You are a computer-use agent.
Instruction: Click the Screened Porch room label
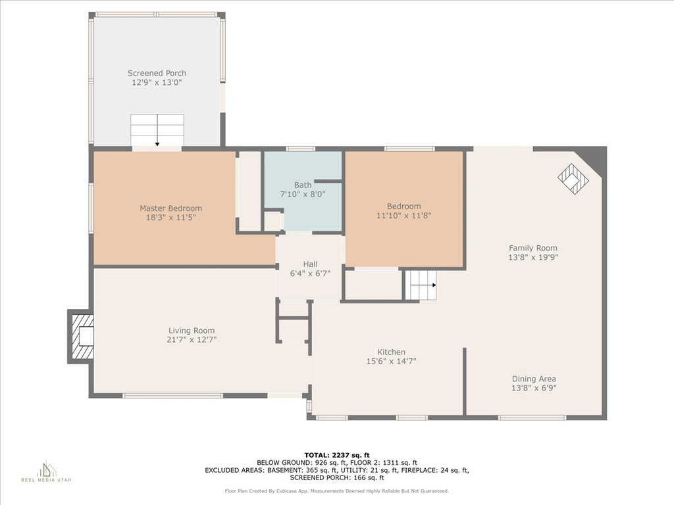pos(157,73)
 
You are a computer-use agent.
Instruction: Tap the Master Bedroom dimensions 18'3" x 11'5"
pos(171,217)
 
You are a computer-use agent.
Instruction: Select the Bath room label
pos(303,185)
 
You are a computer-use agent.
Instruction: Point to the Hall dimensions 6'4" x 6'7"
pos(311,273)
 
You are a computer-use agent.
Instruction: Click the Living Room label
pos(192,330)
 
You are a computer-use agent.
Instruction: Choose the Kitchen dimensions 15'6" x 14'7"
pos(391,361)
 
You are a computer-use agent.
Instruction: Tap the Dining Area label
pos(534,379)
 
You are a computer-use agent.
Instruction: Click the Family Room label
pos(533,248)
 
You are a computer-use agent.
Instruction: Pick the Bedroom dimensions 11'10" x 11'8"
pos(403,215)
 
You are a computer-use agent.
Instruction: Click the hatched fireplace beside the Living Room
pos(81,337)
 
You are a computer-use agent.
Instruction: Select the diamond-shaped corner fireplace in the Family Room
pos(573,179)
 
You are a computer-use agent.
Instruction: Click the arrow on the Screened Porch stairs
pos(157,131)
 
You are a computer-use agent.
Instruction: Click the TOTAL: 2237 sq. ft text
pos(337,455)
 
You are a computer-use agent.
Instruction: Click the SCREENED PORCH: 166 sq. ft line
pos(337,477)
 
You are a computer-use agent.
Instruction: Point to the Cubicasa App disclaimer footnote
pos(337,491)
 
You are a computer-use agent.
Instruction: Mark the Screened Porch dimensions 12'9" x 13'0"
pos(157,82)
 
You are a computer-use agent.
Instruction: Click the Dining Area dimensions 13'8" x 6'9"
pos(534,388)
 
